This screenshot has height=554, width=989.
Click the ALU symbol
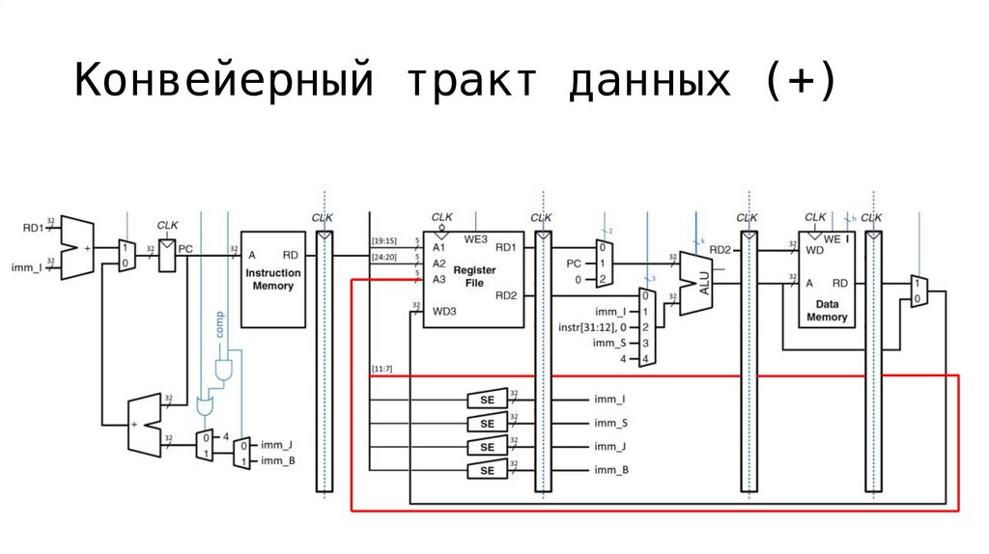[x=695, y=282]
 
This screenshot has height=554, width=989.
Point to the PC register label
[x=185, y=248]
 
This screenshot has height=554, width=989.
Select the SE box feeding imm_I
[x=487, y=400]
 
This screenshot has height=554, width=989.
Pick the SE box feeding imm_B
[x=487, y=470]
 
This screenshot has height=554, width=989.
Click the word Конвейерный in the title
[x=224, y=83]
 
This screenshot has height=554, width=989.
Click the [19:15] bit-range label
[x=384, y=240]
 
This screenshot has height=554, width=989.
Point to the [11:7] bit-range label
[x=381, y=369]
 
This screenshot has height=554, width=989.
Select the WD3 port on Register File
[x=443, y=311]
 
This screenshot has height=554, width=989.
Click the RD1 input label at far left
[x=34, y=228]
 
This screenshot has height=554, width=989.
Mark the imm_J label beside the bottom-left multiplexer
[x=277, y=444]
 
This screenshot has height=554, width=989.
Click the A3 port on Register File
[x=438, y=279]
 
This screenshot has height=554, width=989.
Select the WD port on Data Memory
[x=813, y=248]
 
